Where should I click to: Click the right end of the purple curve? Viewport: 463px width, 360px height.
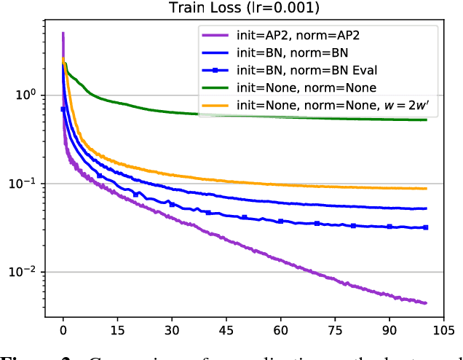(x=426, y=302)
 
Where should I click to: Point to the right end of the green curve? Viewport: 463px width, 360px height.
(x=426, y=120)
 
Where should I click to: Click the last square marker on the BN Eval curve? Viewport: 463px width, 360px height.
(x=426, y=227)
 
